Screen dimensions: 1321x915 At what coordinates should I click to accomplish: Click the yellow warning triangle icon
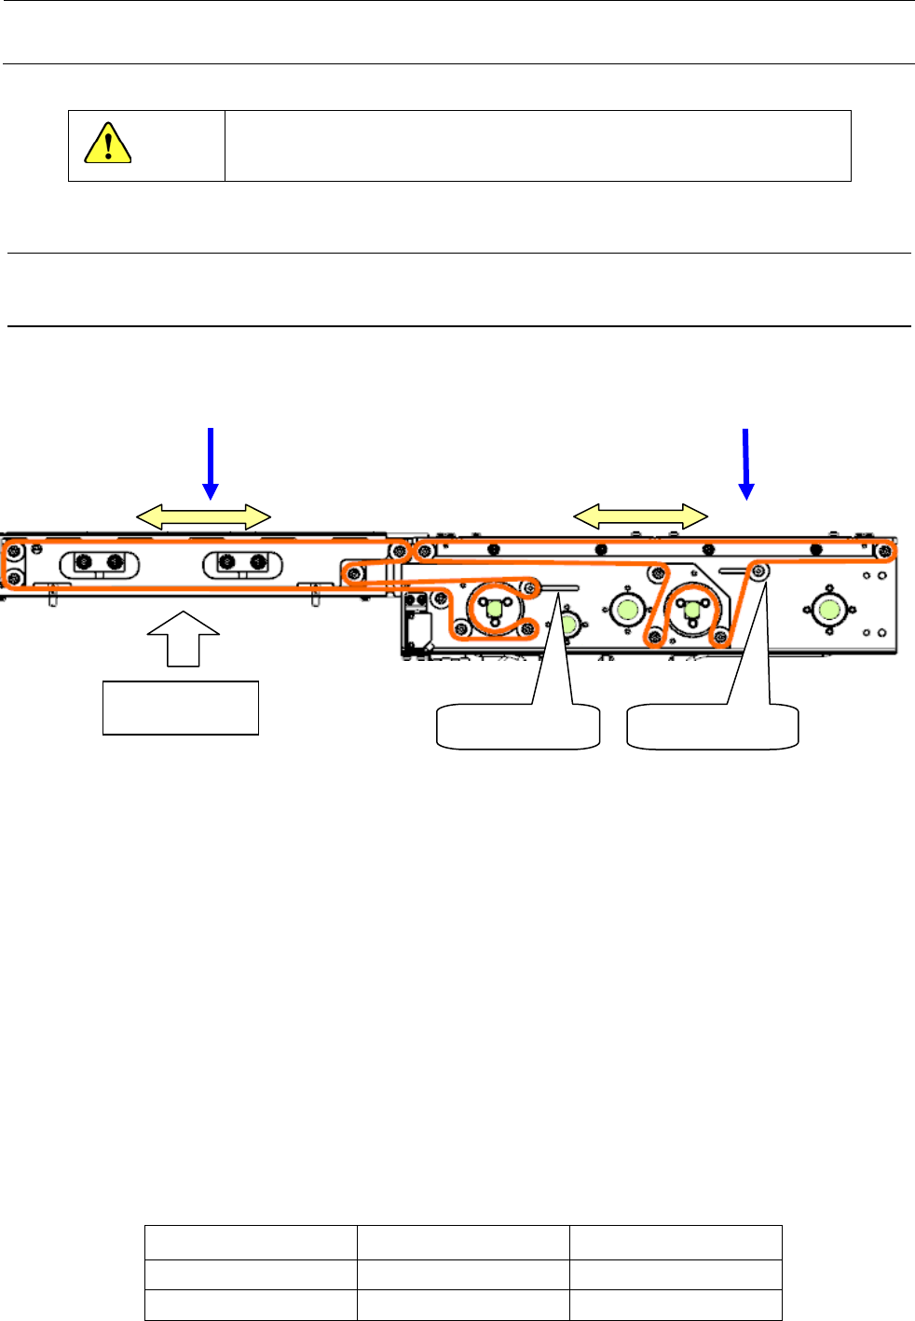pyautogui.click(x=107, y=144)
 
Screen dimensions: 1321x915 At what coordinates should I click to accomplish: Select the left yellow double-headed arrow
pyautogui.click(x=203, y=516)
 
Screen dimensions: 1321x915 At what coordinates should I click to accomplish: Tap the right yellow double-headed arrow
pyautogui.click(x=640, y=516)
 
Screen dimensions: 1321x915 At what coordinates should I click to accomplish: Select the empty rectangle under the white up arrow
pyautogui.click(x=180, y=709)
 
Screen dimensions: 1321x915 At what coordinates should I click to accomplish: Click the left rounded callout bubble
pyautogui.click(x=518, y=727)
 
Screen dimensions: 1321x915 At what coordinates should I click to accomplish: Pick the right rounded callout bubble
pyautogui.click(x=713, y=727)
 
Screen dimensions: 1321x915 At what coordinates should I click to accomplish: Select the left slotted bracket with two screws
pyautogui.click(x=99, y=562)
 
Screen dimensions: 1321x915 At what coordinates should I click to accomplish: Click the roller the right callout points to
pyautogui.click(x=760, y=571)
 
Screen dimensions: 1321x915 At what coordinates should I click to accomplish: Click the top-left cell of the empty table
pyautogui.click(x=251, y=1243)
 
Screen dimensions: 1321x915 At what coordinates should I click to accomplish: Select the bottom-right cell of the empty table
pyautogui.click(x=676, y=1305)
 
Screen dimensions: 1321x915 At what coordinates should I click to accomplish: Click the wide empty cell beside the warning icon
pyautogui.click(x=538, y=145)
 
